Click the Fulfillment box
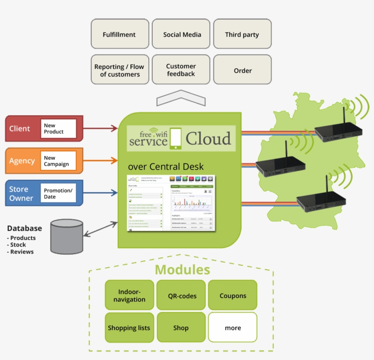click(119, 34)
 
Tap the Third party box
click(242, 34)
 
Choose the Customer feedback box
click(181, 70)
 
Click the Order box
click(242, 70)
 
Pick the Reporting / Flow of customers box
click(119, 70)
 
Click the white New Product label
click(58, 128)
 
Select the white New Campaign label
click(58, 161)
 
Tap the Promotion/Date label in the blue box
click(58, 193)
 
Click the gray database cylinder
click(67, 236)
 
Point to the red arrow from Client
click(100, 129)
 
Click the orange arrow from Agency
click(100, 160)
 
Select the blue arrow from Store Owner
click(100, 193)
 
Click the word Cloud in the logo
click(208, 138)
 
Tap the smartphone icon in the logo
click(176, 139)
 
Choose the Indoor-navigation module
click(130, 295)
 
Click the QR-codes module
click(181, 295)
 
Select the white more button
click(233, 328)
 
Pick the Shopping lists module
click(130, 328)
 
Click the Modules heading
click(182, 269)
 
